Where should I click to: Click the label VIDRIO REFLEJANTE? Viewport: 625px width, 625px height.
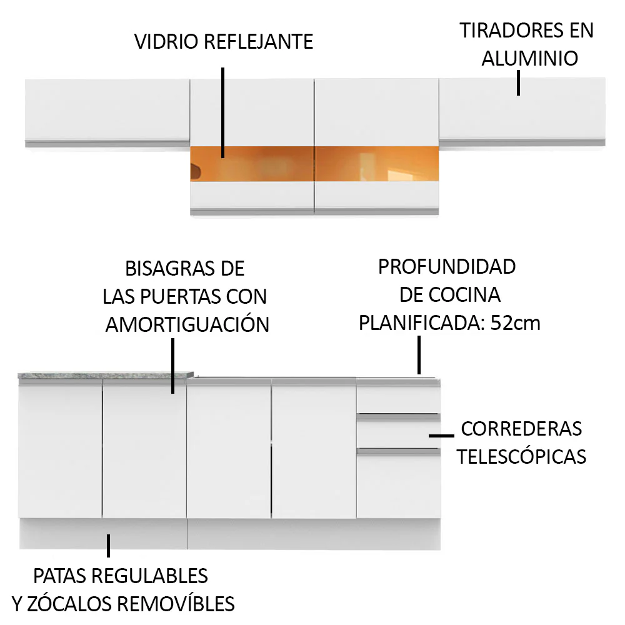[x=224, y=41]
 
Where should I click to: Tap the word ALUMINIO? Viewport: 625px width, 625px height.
[x=530, y=58]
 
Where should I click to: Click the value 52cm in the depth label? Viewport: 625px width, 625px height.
[x=516, y=323]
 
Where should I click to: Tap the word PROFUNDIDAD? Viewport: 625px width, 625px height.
[x=447, y=267]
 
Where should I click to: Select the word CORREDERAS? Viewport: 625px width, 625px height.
[x=521, y=429]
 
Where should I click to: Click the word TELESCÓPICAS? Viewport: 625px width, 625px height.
[x=521, y=456]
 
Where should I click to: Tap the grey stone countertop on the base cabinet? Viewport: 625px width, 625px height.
[x=106, y=375]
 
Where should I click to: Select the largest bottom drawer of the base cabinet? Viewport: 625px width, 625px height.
[x=398, y=484]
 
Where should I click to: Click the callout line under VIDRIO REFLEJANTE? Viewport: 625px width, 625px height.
[x=223, y=112]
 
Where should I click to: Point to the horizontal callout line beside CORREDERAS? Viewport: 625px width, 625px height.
[x=441, y=436]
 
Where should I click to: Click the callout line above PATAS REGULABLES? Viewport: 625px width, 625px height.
[x=108, y=546]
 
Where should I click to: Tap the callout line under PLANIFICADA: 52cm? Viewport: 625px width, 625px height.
[x=419, y=355]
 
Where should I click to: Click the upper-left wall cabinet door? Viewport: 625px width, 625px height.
[x=107, y=110]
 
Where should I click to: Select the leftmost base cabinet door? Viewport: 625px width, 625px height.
[x=60, y=449]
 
